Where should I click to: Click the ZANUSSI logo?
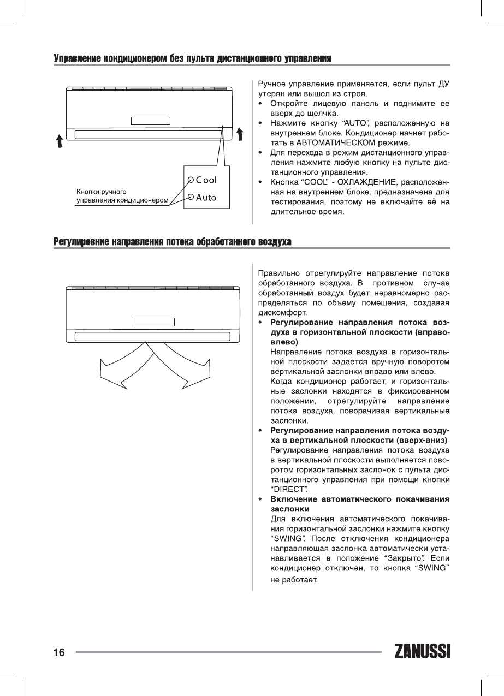[421, 652]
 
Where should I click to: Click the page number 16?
[60, 652]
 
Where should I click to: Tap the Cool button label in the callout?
[206, 180]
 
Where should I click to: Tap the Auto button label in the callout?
[206, 198]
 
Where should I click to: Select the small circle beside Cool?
[191, 180]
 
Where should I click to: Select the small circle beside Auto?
[191, 198]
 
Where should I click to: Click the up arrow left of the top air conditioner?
[60, 142]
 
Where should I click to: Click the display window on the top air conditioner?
[150, 121]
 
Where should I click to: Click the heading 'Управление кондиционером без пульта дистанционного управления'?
[193, 58]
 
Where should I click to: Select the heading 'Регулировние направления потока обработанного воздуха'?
[173, 241]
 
